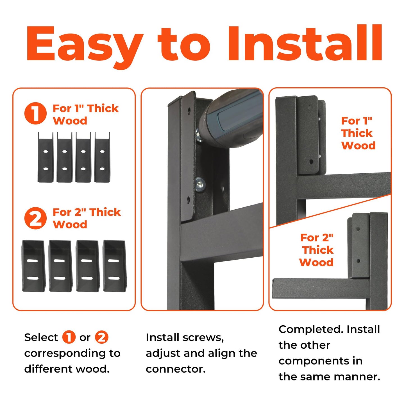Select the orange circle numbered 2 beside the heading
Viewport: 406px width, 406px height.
[35, 218]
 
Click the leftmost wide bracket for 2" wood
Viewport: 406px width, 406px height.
[33, 266]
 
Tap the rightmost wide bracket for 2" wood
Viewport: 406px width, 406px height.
[114, 266]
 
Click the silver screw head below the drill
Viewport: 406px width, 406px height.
[200, 184]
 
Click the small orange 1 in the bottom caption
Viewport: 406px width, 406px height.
[69, 337]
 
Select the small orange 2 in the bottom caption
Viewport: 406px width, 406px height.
[101, 337]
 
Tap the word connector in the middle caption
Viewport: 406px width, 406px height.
[175, 369]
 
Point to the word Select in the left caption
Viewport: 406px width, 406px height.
[41, 337]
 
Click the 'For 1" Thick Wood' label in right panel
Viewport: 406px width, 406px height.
[358, 133]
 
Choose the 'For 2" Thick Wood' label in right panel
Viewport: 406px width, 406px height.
[317, 250]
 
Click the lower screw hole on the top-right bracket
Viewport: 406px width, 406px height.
[311, 162]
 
